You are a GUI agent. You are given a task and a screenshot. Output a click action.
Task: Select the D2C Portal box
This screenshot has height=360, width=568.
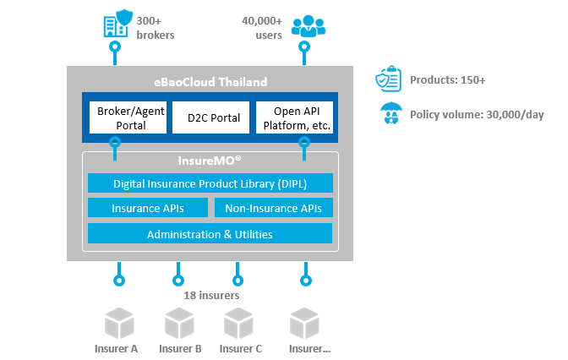206,117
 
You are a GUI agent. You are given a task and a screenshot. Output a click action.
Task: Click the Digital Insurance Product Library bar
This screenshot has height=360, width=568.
210,183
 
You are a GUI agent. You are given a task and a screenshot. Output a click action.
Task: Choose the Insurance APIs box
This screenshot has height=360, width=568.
148,208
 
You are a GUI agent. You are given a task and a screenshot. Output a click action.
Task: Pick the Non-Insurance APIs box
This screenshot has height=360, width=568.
273,208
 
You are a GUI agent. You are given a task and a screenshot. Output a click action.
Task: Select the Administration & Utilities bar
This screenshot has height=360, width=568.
210,233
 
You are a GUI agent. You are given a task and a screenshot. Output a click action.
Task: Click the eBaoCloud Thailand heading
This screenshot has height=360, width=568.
210,82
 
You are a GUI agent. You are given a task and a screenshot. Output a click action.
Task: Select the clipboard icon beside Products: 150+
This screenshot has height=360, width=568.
389,80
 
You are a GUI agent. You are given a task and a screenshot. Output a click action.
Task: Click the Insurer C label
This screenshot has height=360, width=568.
241,348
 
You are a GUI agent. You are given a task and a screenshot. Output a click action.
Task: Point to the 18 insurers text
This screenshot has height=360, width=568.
211,296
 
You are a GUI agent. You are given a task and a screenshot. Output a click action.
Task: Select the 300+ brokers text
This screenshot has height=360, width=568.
156,27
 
